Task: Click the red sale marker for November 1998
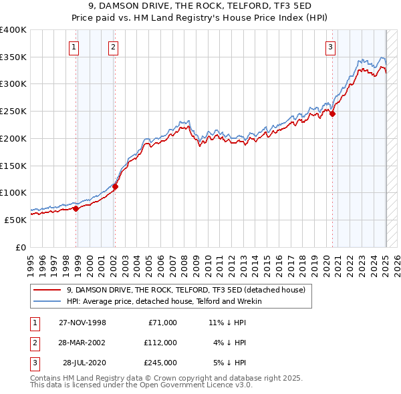pyautogui.click(x=76, y=208)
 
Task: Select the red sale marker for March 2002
pyautogui.click(x=115, y=187)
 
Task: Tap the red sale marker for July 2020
pyautogui.click(x=332, y=114)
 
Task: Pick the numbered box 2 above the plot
pyautogui.click(x=114, y=47)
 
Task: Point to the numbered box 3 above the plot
pyautogui.click(x=330, y=47)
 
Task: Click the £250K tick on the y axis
pyautogui.click(x=13, y=112)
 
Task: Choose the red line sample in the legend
pyautogui.click(x=47, y=290)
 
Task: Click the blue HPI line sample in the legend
pyautogui.click(x=47, y=301)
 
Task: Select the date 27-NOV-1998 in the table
pyautogui.click(x=82, y=323)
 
